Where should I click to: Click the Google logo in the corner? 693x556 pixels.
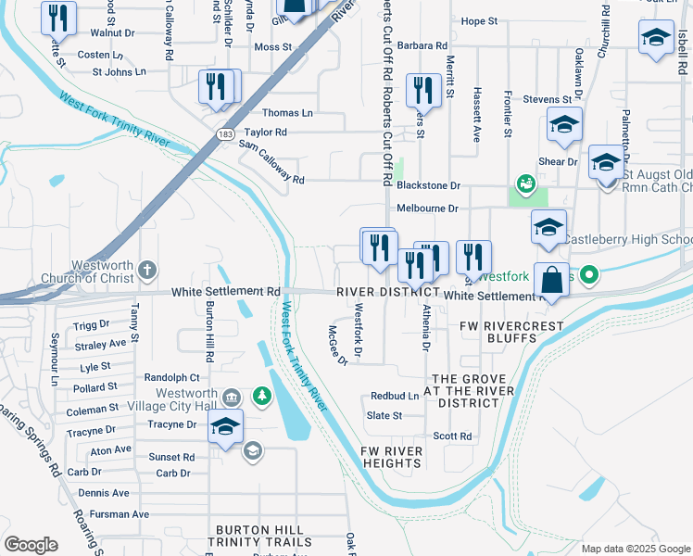pos(31,545)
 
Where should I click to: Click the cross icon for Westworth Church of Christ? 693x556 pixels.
pos(147,272)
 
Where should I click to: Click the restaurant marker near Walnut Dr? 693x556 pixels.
pos(59,18)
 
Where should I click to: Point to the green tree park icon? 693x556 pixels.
pos(263,397)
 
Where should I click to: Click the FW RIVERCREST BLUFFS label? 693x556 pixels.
pos(498,332)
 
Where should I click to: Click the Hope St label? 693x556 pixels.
pos(479,21)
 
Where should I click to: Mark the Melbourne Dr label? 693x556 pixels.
pos(427,208)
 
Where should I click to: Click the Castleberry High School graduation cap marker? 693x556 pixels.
pos(548,227)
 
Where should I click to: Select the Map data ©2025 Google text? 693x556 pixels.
pos(635,549)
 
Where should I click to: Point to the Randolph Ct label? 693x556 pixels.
pos(172,377)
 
